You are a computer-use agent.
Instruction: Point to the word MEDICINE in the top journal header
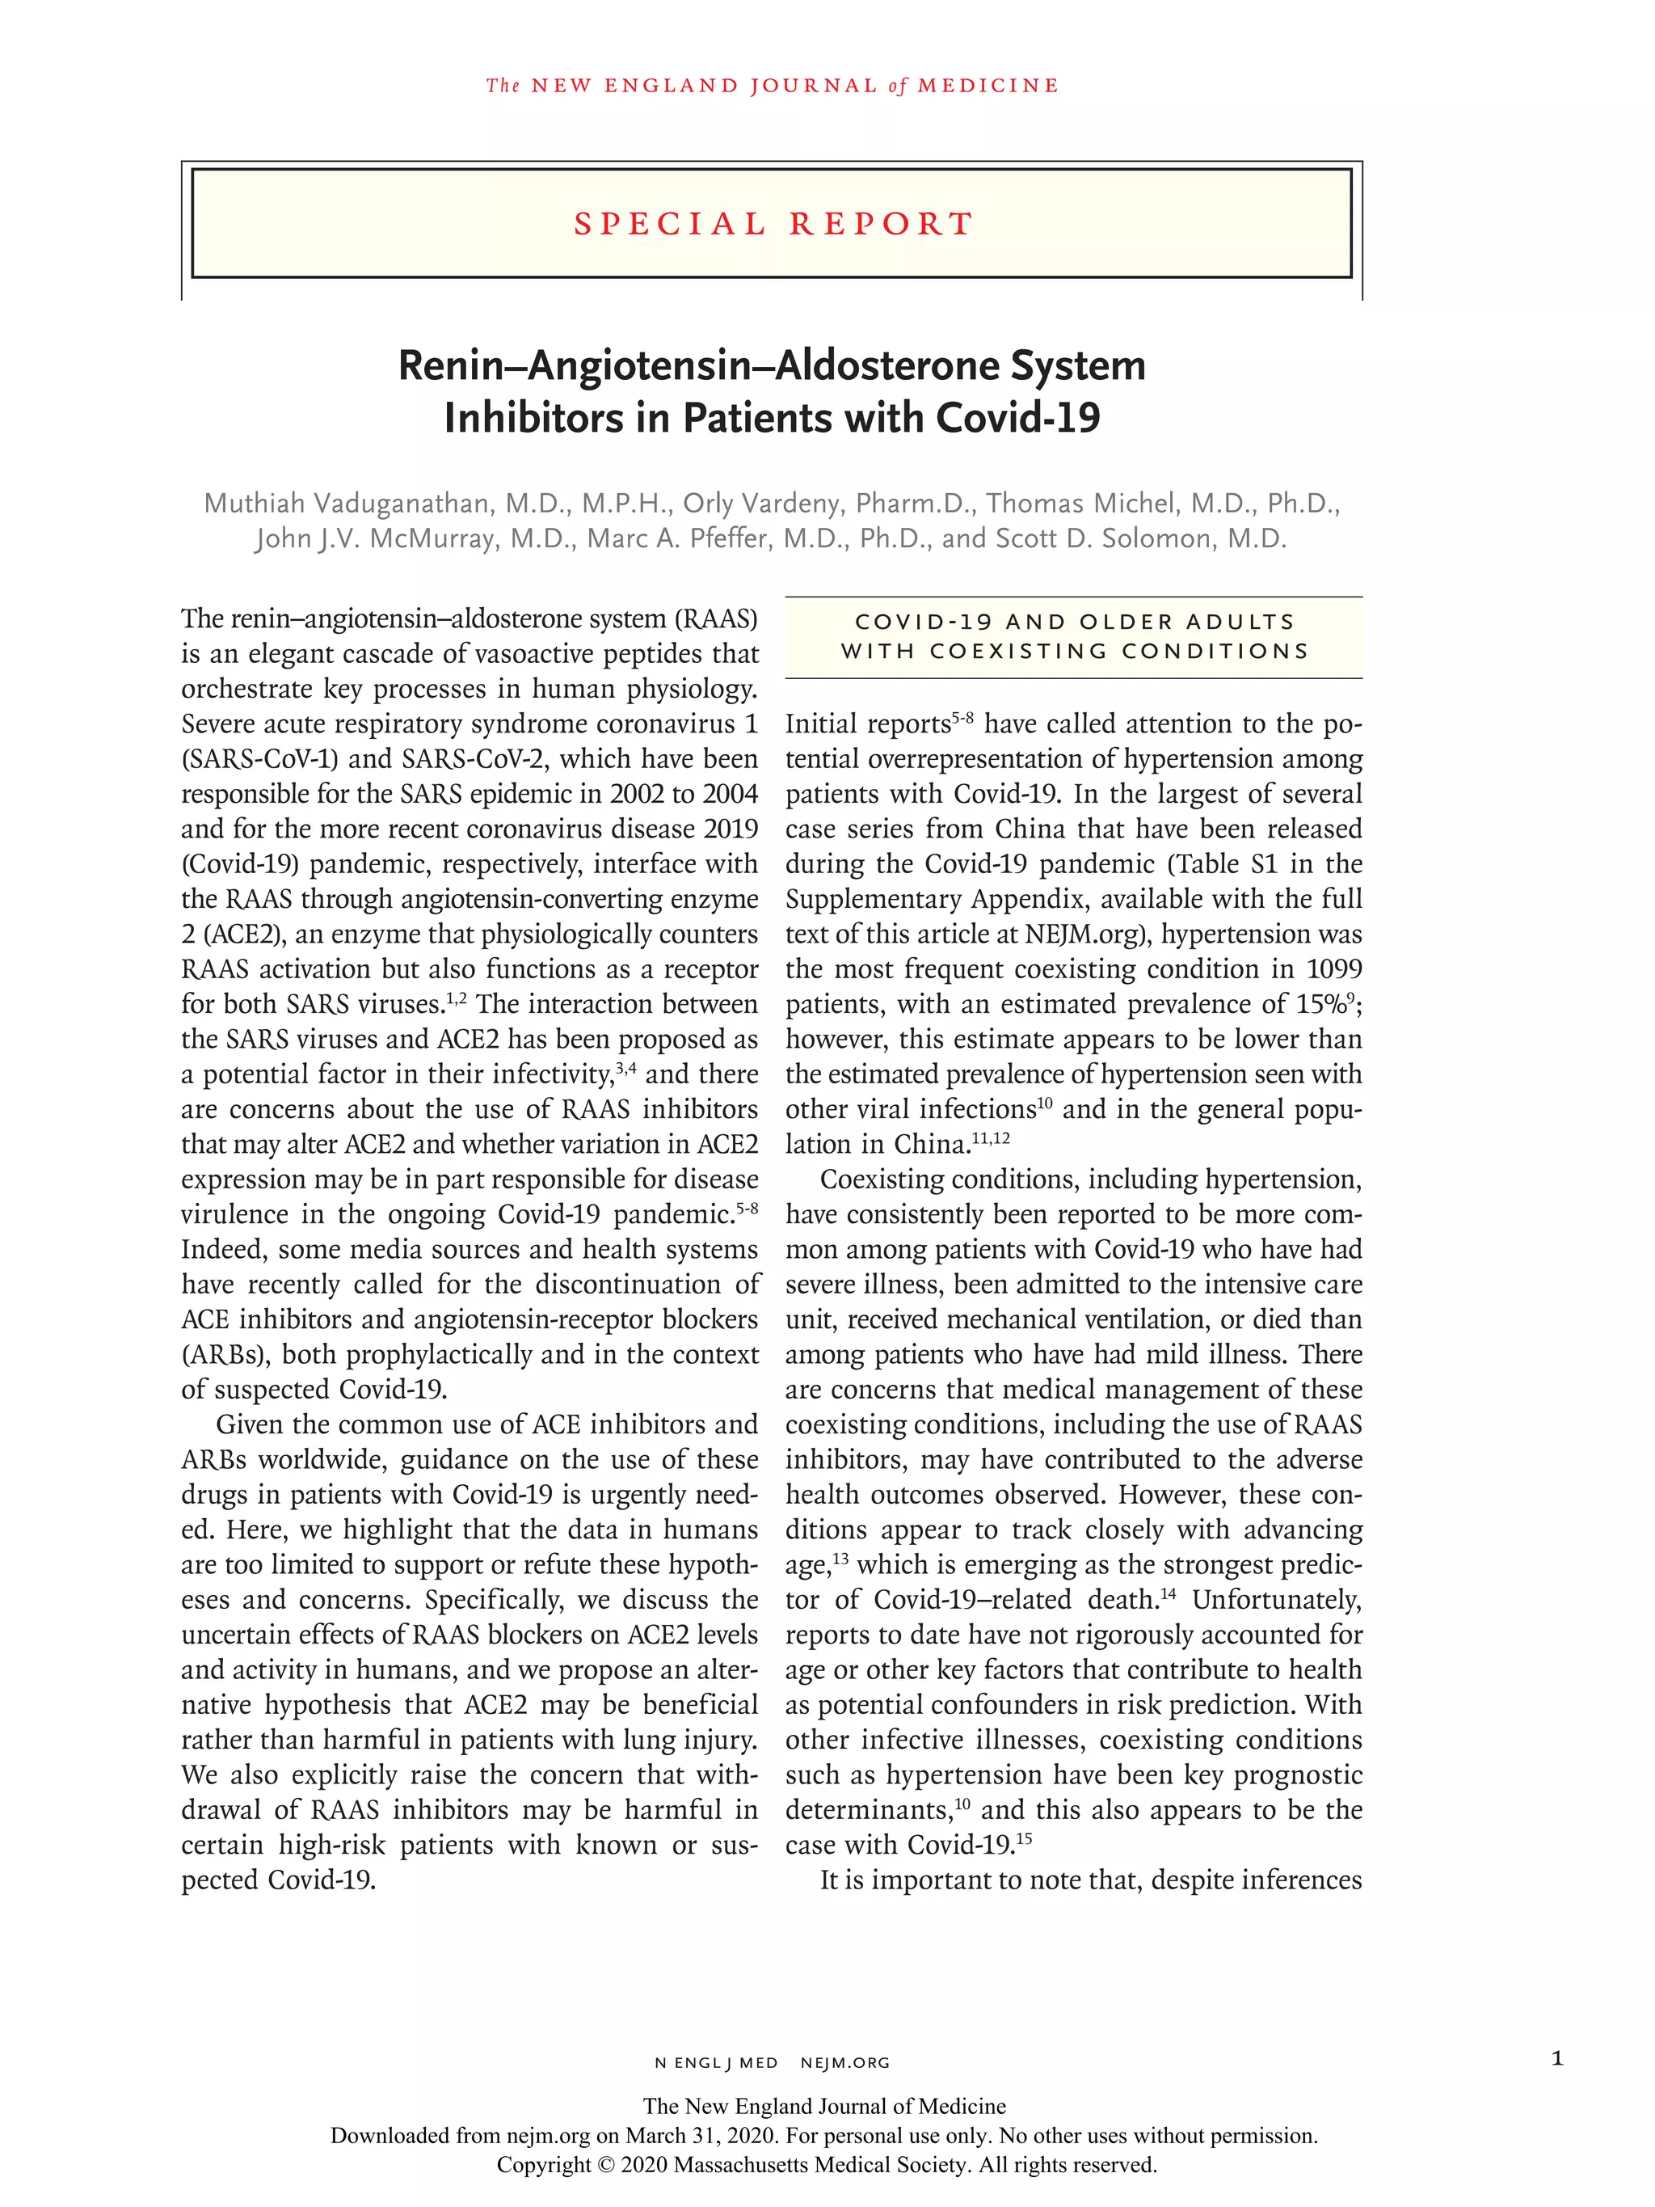[988, 86]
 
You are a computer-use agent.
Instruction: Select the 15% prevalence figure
[1320, 1005]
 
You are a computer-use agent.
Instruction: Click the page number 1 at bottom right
[1557, 2057]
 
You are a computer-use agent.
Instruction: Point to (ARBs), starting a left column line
[225, 1355]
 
